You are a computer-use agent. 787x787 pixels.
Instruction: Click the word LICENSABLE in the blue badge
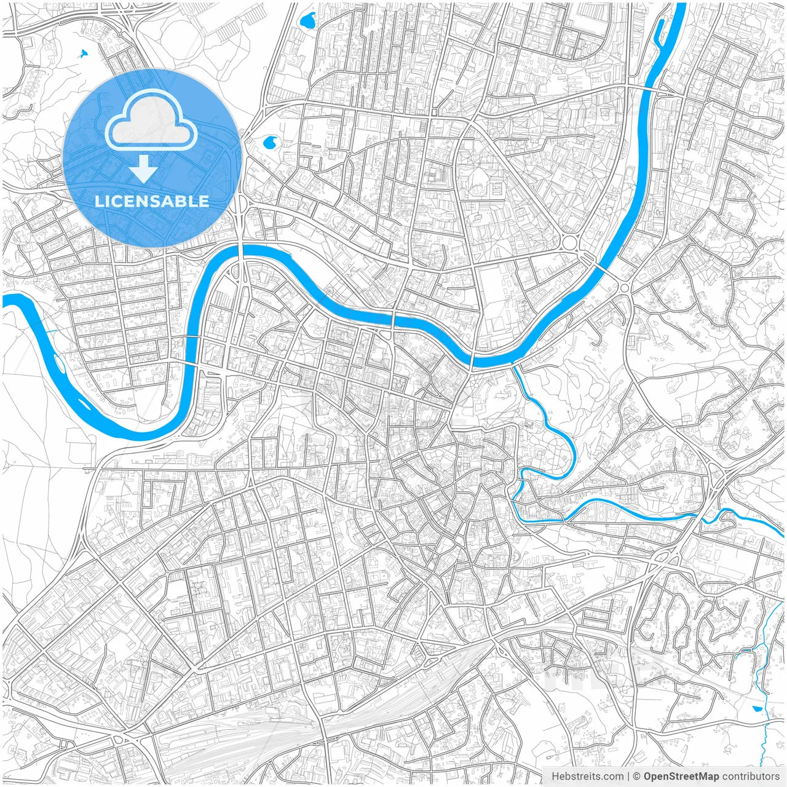152,201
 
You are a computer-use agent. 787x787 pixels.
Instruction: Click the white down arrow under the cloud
144,169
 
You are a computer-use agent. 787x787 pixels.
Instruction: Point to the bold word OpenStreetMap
681,777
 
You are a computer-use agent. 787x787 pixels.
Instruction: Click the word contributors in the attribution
750,777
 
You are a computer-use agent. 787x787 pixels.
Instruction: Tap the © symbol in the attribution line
637,777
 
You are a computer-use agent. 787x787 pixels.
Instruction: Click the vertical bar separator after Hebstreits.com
627,777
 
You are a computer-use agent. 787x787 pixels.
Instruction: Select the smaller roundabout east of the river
625,288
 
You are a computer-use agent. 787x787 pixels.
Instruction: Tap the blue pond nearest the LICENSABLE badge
269,143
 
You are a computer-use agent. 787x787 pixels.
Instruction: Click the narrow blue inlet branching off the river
659,31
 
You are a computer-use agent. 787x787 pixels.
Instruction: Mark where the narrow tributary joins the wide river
514,363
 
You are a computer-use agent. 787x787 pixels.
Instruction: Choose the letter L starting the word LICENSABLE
98,201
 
